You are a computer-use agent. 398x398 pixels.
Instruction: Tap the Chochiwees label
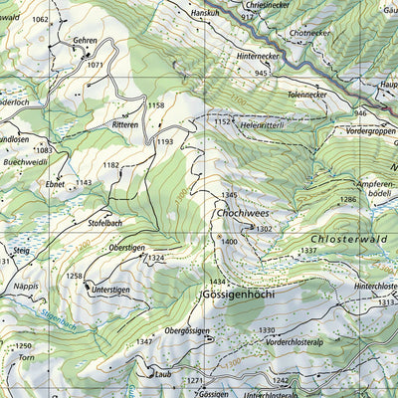(x=239, y=213)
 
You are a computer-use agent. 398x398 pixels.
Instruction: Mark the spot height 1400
(x=230, y=241)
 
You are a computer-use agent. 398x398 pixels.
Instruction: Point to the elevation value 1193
(x=164, y=142)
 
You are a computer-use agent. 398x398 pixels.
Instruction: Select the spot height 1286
(x=347, y=200)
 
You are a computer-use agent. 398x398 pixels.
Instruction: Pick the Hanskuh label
(x=205, y=13)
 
